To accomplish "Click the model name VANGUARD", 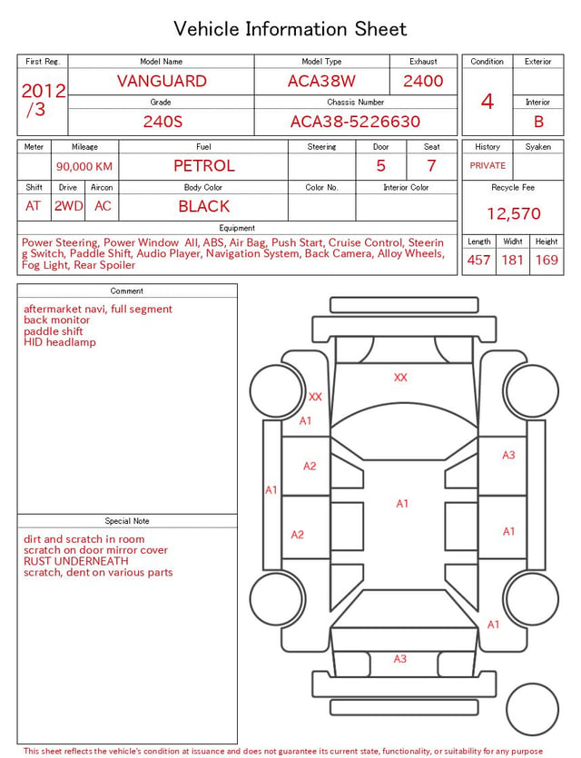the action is [162, 81].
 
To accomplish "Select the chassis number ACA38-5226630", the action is [355, 122].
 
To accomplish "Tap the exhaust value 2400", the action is [423, 81].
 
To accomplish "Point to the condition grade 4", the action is [487, 102].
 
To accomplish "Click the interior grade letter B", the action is [538, 122].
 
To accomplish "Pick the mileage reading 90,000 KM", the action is [84, 167].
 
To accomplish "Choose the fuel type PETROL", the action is [204, 166].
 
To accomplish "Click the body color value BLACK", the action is [204, 206].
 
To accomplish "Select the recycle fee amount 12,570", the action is [513, 213].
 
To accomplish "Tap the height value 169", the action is [547, 260].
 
